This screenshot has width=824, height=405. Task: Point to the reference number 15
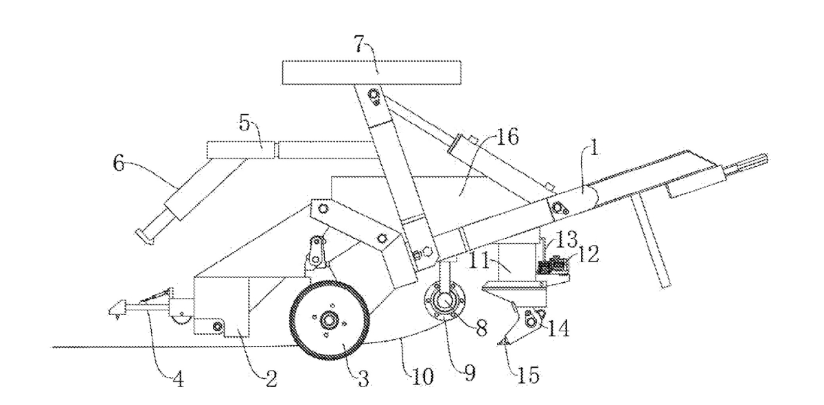(528, 375)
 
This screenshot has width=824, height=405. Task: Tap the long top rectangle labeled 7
(370, 70)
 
